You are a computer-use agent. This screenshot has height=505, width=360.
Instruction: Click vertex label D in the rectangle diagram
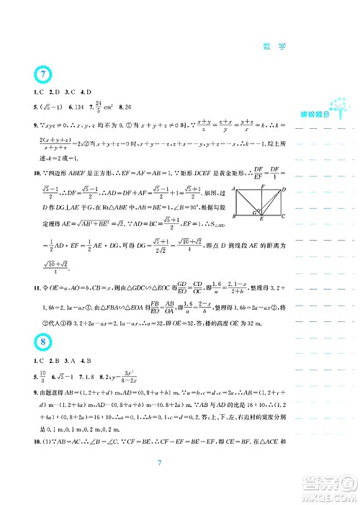(x=285, y=189)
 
